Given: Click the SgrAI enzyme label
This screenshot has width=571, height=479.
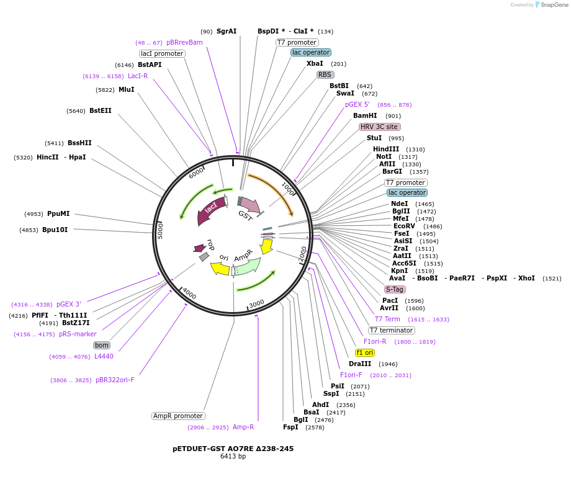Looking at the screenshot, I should point(227,31).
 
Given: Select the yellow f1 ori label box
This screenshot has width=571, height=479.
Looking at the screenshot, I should point(365,352).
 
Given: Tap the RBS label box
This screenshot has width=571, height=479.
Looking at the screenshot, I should point(325,74).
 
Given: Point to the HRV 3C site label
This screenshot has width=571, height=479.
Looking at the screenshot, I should point(379,127).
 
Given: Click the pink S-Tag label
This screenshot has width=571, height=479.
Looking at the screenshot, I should point(395,289).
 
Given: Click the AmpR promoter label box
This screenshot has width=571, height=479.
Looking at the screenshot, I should point(178,416).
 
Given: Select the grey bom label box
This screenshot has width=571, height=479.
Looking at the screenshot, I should point(102,345).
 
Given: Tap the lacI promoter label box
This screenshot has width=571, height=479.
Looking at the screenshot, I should point(162,53).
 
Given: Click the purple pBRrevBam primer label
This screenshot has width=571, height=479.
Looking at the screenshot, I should point(184,42).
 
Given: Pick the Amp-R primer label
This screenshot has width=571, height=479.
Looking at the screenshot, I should point(243,427).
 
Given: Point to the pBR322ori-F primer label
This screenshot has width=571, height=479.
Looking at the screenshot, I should point(115,380).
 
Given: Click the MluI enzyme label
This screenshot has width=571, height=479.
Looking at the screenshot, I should point(126,89).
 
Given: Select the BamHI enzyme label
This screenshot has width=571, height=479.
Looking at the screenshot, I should point(365,115).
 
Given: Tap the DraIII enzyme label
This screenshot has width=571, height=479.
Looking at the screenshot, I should point(360,364).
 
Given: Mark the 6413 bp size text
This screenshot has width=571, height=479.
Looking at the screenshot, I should point(233,457).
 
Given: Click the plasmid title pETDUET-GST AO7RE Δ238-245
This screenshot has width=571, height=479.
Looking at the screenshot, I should point(233,448).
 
